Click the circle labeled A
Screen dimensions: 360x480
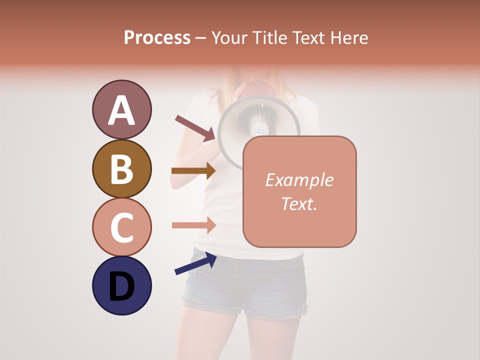pos(121,109)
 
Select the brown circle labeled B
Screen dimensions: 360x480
pos(121,168)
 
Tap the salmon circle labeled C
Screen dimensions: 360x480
pos(121,227)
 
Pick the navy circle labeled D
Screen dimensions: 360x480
pos(121,285)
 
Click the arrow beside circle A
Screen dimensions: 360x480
pos(194,128)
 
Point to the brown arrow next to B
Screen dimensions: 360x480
pos(193,171)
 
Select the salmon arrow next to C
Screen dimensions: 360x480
pos(193,225)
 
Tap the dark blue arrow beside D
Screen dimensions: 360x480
pos(195,264)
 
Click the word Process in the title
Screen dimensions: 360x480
pos(157,37)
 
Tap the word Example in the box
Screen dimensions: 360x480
pos(299,180)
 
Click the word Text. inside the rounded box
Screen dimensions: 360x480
pos(299,203)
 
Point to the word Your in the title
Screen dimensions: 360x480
pos(230,37)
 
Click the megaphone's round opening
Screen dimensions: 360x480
pos(250,127)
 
